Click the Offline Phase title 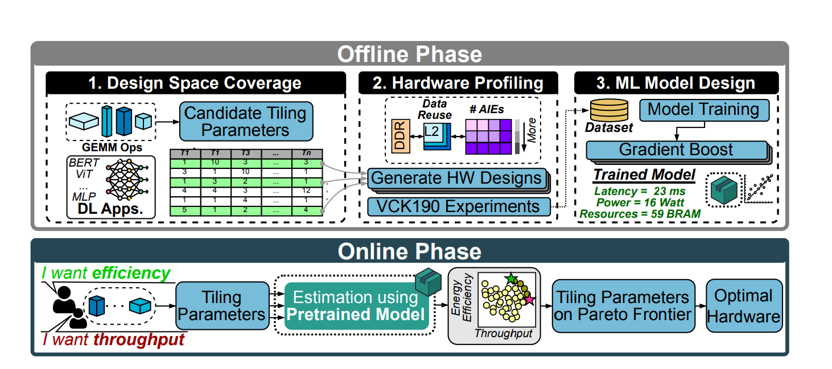pos(409,55)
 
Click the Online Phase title pos(409,251)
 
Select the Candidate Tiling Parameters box pos(246,121)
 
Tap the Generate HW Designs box pos(456,179)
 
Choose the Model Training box pos(703,109)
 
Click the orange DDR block pos(399,137)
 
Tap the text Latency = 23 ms pos(640,192)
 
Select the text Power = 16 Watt pos(640,203)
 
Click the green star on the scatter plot pos(510,279)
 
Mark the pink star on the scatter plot pos(529,300)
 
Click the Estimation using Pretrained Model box pos(356,305)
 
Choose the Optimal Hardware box pos(744,306)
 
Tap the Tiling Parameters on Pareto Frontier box pos(623,306)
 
